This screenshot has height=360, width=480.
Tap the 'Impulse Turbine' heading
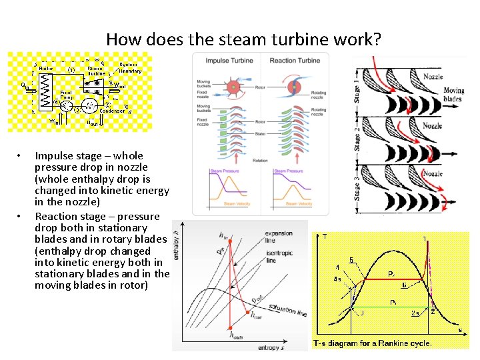[226, 61]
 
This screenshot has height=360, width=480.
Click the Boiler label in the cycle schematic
[46, 69]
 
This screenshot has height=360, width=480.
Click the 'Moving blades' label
[453, 95]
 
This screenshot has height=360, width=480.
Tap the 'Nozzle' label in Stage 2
[432, 125]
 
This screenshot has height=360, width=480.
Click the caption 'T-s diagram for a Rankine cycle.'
[373, 343]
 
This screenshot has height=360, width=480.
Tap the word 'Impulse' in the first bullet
[54, 156]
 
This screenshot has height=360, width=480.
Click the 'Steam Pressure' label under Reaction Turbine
[287, 171]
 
